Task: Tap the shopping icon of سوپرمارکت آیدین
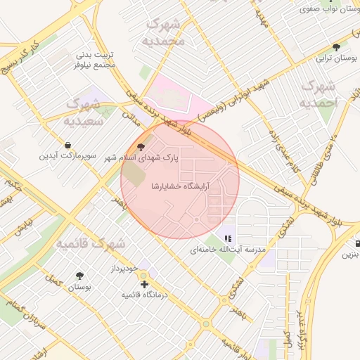coord(66,145)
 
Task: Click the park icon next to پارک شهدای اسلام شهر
coord(142,148)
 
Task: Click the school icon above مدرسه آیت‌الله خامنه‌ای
coord(227,239)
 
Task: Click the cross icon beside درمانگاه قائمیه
coord(144,285)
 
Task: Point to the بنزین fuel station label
coord(350,255)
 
